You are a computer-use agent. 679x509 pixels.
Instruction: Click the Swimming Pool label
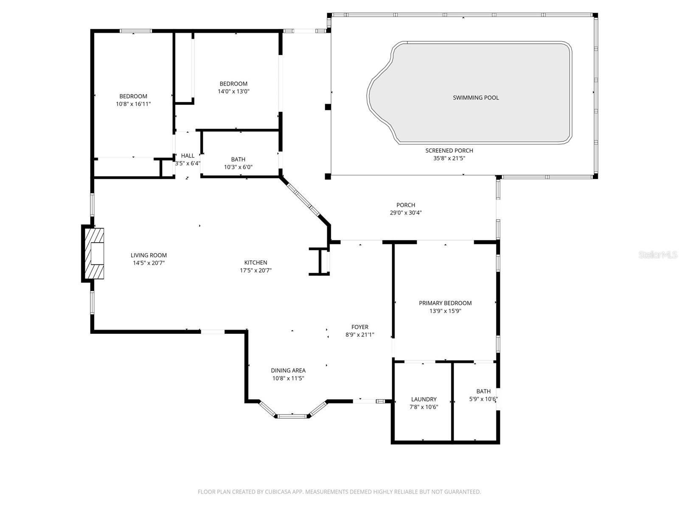click(476, 98)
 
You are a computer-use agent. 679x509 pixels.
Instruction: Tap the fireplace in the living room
click(94, 254)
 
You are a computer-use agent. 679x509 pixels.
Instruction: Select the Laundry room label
click(424, 399)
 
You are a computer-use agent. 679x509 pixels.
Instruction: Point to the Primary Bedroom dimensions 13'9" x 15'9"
click(445, 311)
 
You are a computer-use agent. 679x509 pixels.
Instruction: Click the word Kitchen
click(255, 263)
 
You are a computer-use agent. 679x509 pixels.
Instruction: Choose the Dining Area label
click(288, 370)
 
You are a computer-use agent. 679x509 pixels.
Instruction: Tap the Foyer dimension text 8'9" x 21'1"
click(359, 335)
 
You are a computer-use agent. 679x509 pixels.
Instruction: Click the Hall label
click(188, 156)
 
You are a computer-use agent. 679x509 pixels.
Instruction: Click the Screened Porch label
click(449, 151)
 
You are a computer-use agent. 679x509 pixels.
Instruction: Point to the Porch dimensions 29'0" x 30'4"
click(406, 213)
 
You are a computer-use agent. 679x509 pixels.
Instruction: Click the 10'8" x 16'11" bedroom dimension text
click(133, 104)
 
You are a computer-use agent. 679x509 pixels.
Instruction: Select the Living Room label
click(149, 255)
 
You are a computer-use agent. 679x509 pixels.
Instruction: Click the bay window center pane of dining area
click(292, 416)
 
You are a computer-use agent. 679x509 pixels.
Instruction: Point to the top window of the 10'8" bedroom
click(136, 31)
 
